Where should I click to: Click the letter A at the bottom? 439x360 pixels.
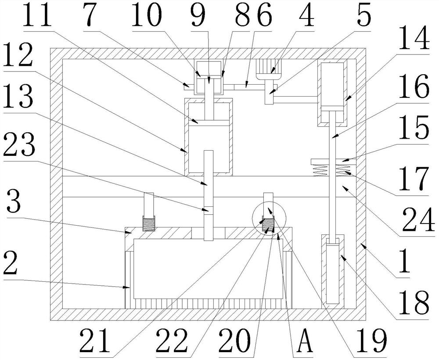click(305, 340)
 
